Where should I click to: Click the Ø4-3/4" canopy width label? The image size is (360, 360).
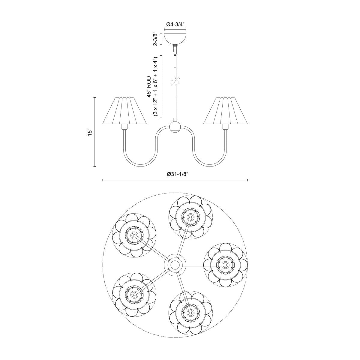point(175,25)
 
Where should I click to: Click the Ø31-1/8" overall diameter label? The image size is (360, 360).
point(175,174)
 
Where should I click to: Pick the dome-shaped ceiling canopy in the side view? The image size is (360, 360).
point(175,38)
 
